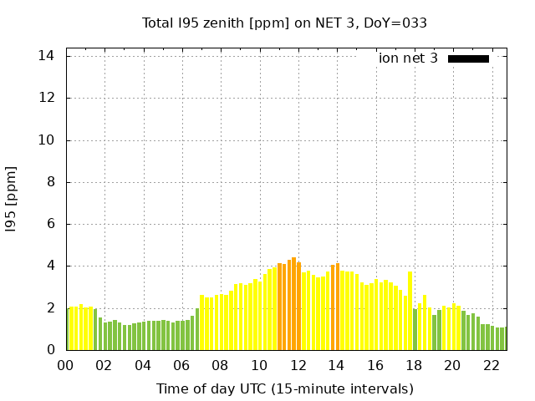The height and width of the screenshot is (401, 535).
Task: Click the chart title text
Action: pos(284,23)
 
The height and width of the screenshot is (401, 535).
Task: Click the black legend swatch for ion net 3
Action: pos(468,58)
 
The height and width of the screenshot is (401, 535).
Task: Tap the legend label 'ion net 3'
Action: pos(408,58)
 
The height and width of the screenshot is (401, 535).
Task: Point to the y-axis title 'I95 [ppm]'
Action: pos(12,198)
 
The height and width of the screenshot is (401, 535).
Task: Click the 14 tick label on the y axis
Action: pos(47,56)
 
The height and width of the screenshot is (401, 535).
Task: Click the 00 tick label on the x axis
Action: pos(66,365)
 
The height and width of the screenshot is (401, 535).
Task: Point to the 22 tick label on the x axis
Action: pos(492,365)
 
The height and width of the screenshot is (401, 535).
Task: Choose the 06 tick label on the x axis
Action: pos(182,365)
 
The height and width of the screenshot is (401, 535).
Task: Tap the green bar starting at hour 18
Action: pos(415,329)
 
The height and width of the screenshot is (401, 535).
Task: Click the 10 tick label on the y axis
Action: pos(47,140)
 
